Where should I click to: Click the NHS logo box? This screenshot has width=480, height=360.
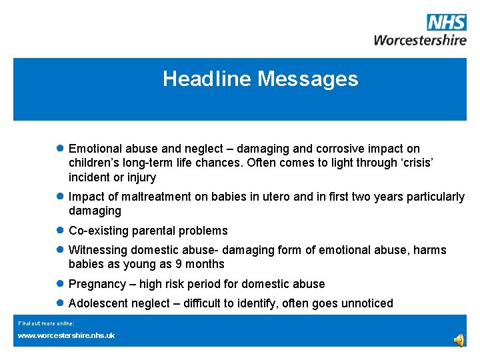click(x=447, y=23)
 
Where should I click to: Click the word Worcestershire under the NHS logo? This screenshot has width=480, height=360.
click(x=420, y=40)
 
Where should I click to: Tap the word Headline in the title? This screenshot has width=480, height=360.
click(x=207, y=79)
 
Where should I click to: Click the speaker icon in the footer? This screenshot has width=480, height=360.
click(x=459, y=340)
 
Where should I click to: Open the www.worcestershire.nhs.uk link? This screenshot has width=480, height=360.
click(x=66, y=335)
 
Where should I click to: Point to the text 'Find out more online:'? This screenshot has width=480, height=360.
click(x=41, y=323)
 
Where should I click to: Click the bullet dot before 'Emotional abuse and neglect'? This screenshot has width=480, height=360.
click(x=60, y=148)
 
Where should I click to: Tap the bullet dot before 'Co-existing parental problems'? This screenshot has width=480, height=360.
click(x=60, y=230)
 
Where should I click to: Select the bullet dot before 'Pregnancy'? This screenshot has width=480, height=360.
click(x=60, y=283)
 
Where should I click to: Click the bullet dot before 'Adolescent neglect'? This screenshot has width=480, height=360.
click(x=60, y=303)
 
